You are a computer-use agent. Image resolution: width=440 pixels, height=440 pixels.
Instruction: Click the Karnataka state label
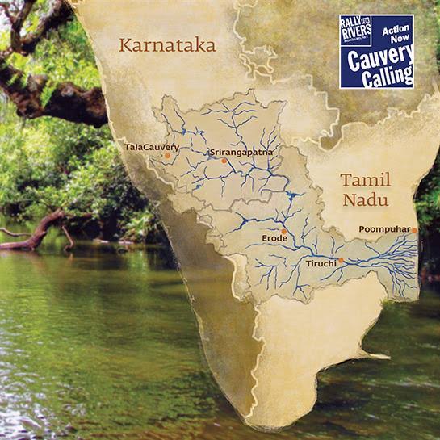pyautogui.click(x=168, y=45)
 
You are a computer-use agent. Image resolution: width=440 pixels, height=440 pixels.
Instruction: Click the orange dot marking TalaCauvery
pyautogui.click(x=167, y=155)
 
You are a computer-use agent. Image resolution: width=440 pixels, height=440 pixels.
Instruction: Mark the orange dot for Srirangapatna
pyautogui.click(x=226, y=160)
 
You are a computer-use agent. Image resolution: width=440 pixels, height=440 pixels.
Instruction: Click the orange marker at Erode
pyautogui.click(x=284, y=231)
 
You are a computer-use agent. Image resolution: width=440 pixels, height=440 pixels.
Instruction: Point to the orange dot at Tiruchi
pyautogui.click(x=342, y=260)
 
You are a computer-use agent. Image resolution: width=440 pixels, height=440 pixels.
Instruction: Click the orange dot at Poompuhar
pyautogui.click(x=414, y=230)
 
